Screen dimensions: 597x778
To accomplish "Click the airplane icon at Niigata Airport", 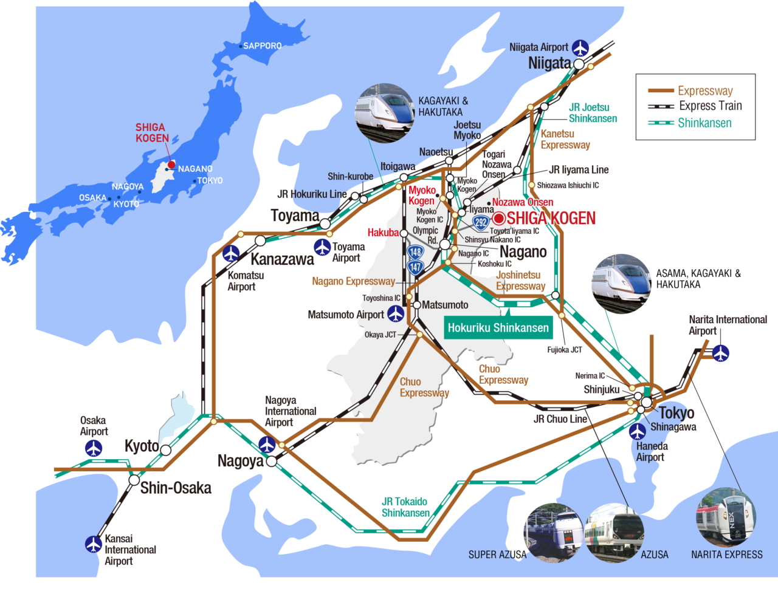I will pos(581,47).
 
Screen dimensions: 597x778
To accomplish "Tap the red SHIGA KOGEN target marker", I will pos(498,218).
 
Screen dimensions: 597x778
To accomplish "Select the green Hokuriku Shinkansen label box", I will pos(498,328).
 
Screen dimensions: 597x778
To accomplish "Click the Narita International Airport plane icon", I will pos(721,352).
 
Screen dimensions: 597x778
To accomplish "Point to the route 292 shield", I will pos(481,222).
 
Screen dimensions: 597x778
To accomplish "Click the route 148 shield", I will pos(415,252).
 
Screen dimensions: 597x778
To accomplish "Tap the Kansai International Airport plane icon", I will pos(94,544).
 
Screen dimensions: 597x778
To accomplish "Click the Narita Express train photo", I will pos(726,517).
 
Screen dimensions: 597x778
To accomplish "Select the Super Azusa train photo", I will pos(554,532).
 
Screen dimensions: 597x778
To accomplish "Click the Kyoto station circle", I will pos(165,450).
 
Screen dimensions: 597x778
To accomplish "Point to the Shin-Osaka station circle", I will pos(134,480).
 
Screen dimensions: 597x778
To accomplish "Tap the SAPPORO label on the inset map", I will pos(262,46).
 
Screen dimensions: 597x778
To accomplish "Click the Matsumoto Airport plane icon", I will pos(396,314).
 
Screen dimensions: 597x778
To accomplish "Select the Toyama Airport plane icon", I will pos(322,248).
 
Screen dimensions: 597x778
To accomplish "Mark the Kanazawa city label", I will pos(282,259).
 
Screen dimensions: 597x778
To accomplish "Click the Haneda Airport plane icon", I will pos(637,432).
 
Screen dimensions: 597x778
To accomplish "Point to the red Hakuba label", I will pos(383,233).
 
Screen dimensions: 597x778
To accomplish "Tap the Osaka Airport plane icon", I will pos(94,448).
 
